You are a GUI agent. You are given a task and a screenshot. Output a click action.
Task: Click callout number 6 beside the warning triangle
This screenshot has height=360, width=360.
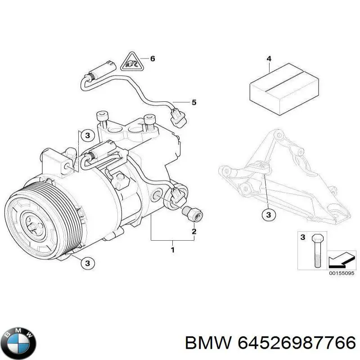coord(152,58)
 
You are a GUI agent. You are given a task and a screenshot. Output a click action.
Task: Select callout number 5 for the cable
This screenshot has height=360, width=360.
coord(194,103)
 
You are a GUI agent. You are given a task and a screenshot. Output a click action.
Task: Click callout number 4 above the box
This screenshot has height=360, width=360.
coord(269,58)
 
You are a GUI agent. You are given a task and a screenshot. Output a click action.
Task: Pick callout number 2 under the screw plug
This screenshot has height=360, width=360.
coord(194,232)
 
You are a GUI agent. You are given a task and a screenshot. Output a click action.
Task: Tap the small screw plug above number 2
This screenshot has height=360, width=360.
coord(191,213)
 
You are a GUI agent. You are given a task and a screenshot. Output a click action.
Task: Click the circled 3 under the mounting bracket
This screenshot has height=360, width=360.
coord(269,215)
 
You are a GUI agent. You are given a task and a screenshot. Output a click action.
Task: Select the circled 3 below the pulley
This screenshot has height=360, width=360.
coord(88,263)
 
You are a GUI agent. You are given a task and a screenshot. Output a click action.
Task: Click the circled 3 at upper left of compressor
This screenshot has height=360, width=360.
coord(88,135)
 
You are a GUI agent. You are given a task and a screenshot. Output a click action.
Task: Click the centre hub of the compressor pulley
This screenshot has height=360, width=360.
coord(34,222)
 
